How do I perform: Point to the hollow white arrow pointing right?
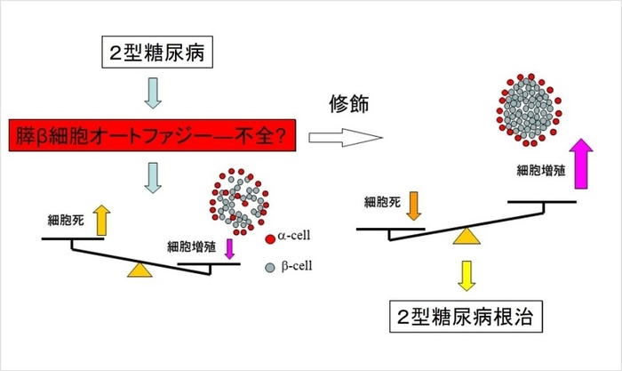coord(342,139)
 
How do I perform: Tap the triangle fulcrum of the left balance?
coord(139,270)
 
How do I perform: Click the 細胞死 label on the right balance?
coord(380,202)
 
